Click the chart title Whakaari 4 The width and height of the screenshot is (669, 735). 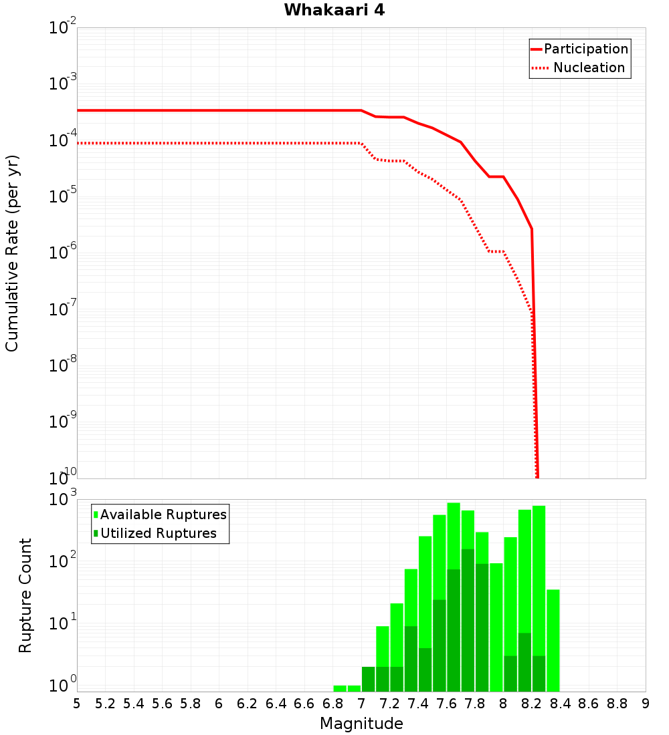point(334,11)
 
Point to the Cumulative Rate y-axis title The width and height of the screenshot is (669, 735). point(13,253)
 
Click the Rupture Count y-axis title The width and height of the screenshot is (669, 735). point(25,595)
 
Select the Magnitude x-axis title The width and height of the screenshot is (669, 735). point(361,724)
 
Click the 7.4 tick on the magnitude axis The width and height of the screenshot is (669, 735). point(418,703)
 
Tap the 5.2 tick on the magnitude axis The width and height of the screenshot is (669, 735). point(105,703)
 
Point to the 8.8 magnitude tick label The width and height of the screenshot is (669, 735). point(617,703)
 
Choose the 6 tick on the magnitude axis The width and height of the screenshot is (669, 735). point(219,703)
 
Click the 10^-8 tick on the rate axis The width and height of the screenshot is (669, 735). point(62,365)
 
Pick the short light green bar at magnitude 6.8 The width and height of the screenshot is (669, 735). point(340,688)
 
